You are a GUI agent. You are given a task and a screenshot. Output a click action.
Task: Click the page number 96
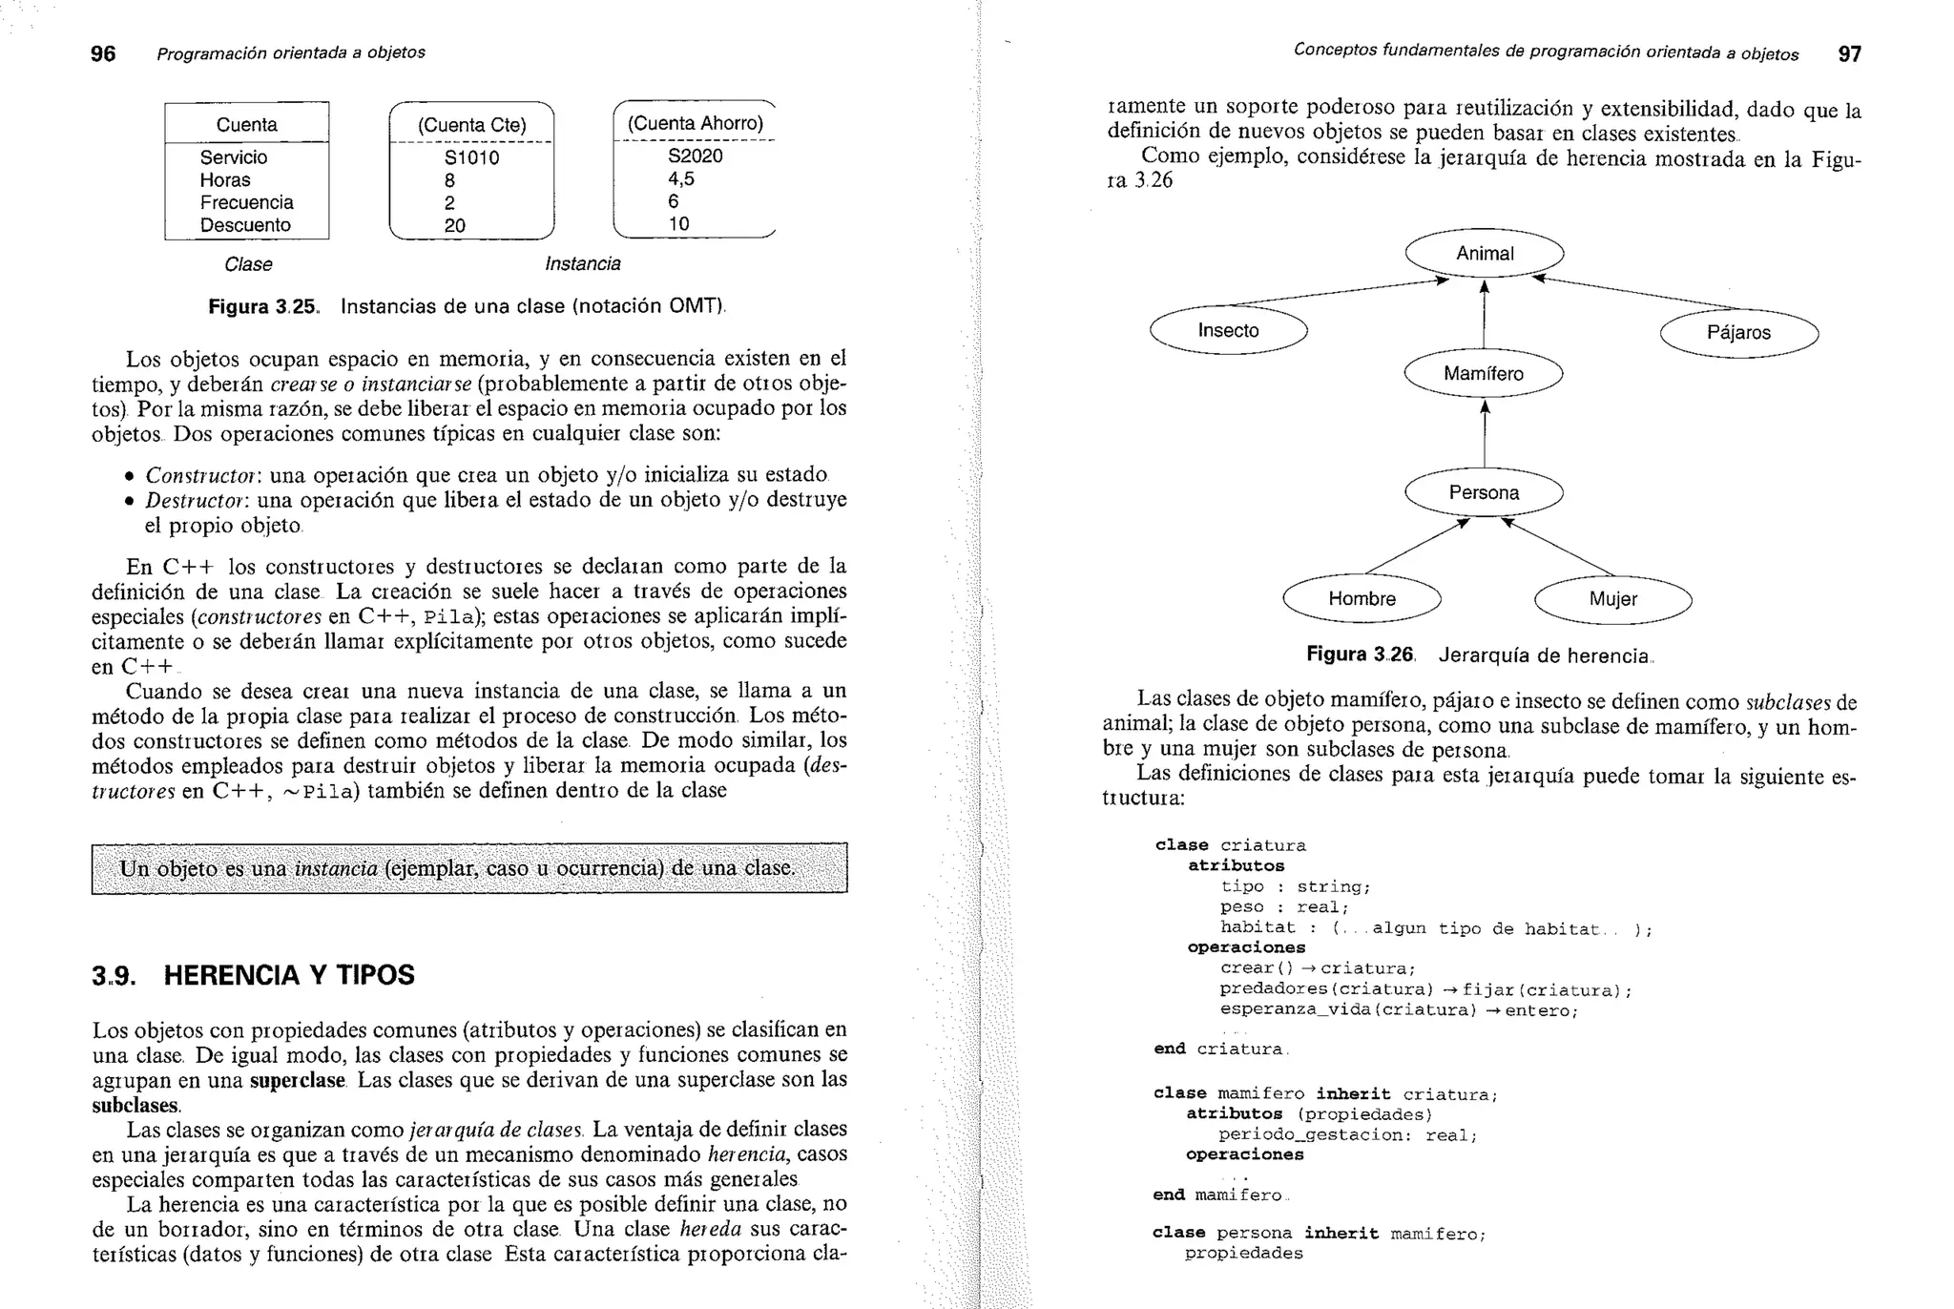click(x=103, y=53)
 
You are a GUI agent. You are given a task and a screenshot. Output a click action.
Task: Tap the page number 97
click(x=1849, y=54)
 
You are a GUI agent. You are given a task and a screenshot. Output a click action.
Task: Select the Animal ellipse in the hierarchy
click(x=1485, y=254)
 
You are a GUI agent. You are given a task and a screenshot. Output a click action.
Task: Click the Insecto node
click(x=1228, y=331)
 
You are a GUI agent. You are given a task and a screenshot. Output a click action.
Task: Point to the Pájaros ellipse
click(x=1738, y=333)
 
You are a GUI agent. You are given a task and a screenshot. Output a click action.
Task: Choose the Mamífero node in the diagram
click(x=1484, y=374)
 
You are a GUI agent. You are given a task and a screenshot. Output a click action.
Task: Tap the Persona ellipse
click(x=1484, y=493)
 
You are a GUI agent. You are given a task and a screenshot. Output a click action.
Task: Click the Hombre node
click(x=1362, y=599)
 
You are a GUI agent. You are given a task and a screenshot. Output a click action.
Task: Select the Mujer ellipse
click(x=1612, y=599)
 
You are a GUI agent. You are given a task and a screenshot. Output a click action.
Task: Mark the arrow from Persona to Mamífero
click(x=1485, y=434)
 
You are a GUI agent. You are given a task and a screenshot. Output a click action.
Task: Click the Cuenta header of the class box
click(x=247, y=125)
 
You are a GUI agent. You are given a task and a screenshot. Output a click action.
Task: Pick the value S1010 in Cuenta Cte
click(x=471, y=157)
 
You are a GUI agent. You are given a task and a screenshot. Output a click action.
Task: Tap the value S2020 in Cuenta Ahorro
click(x=695, y=156)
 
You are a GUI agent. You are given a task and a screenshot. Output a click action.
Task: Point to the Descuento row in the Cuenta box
click(x=245, y=225)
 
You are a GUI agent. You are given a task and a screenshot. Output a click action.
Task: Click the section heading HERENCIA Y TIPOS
click(x=289, y=975)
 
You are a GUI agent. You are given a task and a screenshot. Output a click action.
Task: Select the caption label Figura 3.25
click(x=262, y=306)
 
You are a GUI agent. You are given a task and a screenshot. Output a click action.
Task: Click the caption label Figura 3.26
click(x=1360, y=654)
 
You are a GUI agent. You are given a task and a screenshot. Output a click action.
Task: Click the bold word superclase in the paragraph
click(x=297, y=1080)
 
